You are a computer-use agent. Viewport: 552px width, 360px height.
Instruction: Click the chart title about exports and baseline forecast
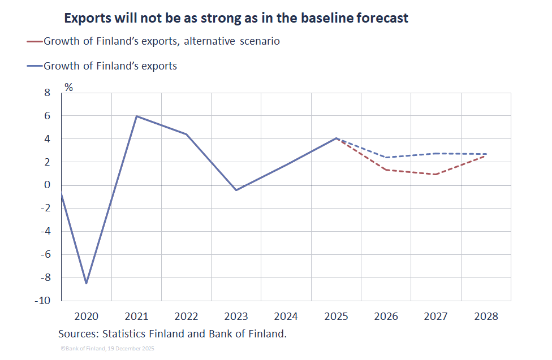point(236,18)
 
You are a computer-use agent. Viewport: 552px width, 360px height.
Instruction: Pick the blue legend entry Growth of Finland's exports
point(110,66)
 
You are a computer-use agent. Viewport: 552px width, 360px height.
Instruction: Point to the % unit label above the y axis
point(68,87)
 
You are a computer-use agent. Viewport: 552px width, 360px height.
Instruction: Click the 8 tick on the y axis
point(48,93)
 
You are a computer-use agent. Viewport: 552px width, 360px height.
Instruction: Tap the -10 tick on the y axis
point(44,301)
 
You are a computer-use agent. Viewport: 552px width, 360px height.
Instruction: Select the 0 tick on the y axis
point(48,185)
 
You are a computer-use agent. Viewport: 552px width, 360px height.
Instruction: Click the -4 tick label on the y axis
point(46,231)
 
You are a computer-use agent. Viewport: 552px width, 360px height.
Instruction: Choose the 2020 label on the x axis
point(87,316)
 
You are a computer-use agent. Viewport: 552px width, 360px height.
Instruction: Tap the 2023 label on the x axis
point(236,316)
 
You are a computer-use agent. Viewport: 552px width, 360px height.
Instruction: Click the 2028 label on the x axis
point(486,316)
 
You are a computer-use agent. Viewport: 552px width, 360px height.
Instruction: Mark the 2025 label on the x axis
point(336,316)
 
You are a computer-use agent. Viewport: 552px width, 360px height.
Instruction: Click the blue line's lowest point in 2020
point(87,283)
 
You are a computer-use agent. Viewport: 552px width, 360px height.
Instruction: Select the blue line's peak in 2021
point(136,116)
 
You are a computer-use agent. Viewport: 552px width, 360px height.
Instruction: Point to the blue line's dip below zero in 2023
point(236,190)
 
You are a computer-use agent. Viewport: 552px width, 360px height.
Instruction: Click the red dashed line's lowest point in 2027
point(436,174)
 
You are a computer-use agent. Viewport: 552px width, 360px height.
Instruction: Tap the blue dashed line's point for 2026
point(386,157)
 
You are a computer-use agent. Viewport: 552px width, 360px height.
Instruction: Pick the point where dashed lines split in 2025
point(337,138)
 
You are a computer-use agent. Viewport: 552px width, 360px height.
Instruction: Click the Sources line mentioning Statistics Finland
point(172,334)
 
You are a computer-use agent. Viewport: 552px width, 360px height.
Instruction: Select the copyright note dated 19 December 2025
point(107,349)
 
